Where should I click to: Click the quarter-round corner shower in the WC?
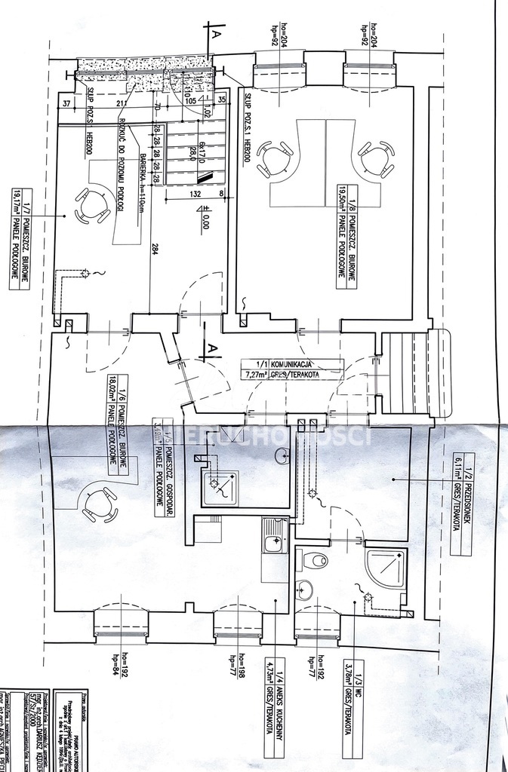coord(384,566)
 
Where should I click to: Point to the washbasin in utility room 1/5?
coord(282,455)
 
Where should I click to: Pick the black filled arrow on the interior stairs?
coord(202,176)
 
